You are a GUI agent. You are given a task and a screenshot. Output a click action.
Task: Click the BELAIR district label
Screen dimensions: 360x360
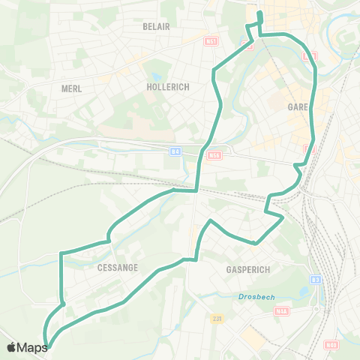coord(157,26)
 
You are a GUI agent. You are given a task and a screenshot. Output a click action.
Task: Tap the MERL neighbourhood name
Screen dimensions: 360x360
coord(71,88)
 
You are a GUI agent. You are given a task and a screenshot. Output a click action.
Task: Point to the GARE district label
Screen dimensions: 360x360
coord(298,107)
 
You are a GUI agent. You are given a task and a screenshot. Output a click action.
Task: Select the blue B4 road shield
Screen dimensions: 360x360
coord(175,151)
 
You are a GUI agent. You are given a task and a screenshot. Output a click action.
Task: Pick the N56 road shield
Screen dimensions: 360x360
coord(215,156)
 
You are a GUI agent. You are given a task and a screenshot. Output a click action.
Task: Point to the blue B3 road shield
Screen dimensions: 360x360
coord(315,280)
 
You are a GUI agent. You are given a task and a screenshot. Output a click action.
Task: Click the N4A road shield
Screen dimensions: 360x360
coord(281,310)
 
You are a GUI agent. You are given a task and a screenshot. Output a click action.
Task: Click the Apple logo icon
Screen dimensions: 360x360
coord(11,347)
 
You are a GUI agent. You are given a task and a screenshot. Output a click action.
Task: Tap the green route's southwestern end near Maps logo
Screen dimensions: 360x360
coord(48,346)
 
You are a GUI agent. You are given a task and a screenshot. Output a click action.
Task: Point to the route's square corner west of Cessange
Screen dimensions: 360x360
coord(61,253)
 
